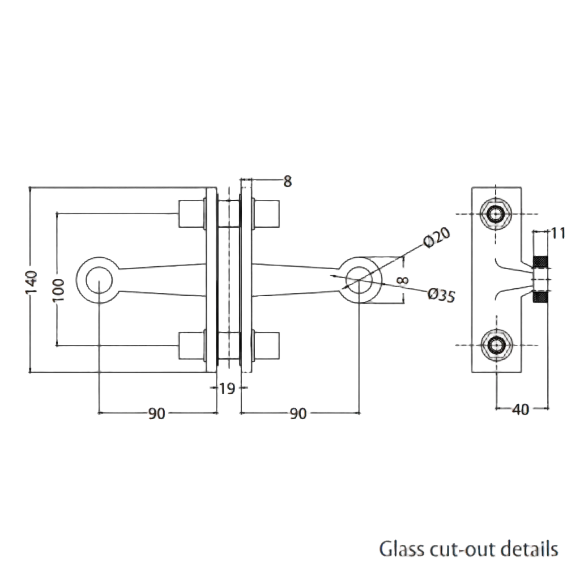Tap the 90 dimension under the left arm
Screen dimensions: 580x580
pos(156,414)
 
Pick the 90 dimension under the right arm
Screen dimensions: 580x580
pos(298,414)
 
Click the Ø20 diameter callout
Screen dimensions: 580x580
pos(437,237)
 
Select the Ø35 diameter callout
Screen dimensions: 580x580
pos(441,296)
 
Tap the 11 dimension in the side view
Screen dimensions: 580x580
pos(558,233)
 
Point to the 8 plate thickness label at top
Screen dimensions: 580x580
pos(287,181)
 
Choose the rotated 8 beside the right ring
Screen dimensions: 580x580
pos(403,279)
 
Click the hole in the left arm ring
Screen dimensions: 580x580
pos(99,279)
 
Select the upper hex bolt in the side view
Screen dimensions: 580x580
pos(497,214)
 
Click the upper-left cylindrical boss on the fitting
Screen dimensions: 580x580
pos(191,214)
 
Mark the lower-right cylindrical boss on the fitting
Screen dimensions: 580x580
pos(267,345)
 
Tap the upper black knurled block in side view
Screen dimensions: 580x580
pos(541,262)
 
